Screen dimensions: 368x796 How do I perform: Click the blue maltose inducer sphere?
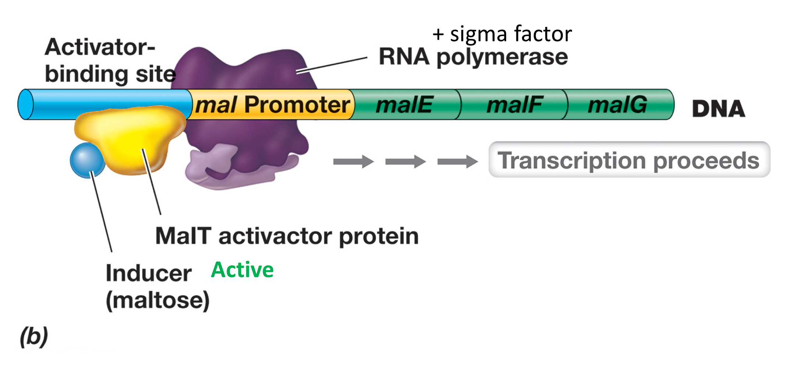87,160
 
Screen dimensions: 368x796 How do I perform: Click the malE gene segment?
405,105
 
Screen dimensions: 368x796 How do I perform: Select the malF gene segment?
514,105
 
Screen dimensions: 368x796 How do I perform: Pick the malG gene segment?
618,105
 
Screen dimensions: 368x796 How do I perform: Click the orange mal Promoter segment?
272,105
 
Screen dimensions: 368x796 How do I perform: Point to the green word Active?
242,270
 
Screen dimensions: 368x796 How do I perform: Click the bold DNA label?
718,109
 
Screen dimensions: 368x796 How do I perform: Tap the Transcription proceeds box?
629,160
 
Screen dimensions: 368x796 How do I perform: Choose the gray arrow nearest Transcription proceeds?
457,161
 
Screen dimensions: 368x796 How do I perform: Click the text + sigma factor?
502,34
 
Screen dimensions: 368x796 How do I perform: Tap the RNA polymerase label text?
473,57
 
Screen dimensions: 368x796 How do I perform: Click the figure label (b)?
34,336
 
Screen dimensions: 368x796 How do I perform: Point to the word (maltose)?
157,300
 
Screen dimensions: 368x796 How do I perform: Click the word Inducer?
148,273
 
